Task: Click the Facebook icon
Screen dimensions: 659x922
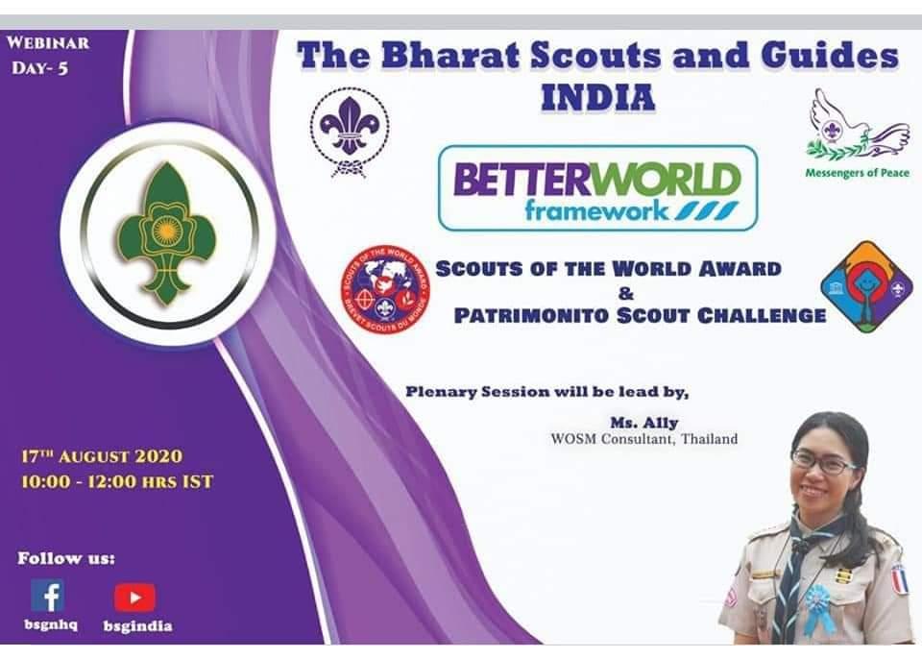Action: coord(47,596)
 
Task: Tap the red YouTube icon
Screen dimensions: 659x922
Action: coord(134,598)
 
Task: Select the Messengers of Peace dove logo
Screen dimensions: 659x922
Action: coord(857,126)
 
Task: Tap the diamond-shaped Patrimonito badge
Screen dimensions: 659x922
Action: coord(866,286)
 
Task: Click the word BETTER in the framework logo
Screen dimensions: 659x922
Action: coord(512,180)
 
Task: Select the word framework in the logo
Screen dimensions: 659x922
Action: coord(596,210)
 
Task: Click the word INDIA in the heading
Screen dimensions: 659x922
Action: coord(597,98)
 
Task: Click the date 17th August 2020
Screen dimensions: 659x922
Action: coord(101,456)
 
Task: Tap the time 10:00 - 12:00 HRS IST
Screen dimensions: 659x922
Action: coord(116,480)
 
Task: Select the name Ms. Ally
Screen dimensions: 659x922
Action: coord(644,422)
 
